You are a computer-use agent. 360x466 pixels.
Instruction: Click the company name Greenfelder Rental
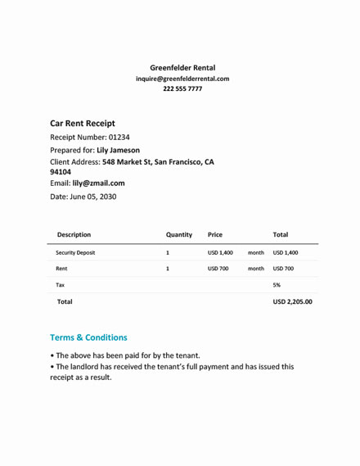182,67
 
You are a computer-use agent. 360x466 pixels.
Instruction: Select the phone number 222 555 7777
182,89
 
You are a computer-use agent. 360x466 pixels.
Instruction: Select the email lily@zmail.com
98,183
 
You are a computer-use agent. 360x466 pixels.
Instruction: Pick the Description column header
74,234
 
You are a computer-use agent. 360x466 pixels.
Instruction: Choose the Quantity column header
178,234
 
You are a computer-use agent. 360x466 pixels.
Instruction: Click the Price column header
215,234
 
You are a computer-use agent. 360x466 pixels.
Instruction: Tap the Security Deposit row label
75,253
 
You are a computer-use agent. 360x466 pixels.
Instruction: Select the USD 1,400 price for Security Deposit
220,253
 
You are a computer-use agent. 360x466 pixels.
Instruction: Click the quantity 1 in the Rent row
168,269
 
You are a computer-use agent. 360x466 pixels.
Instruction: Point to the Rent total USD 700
284,269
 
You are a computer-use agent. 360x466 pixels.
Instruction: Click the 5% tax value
277,285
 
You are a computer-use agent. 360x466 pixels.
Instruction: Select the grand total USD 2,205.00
292,302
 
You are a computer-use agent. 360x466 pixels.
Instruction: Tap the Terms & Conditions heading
88,337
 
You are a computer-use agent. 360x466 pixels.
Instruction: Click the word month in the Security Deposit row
255,253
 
